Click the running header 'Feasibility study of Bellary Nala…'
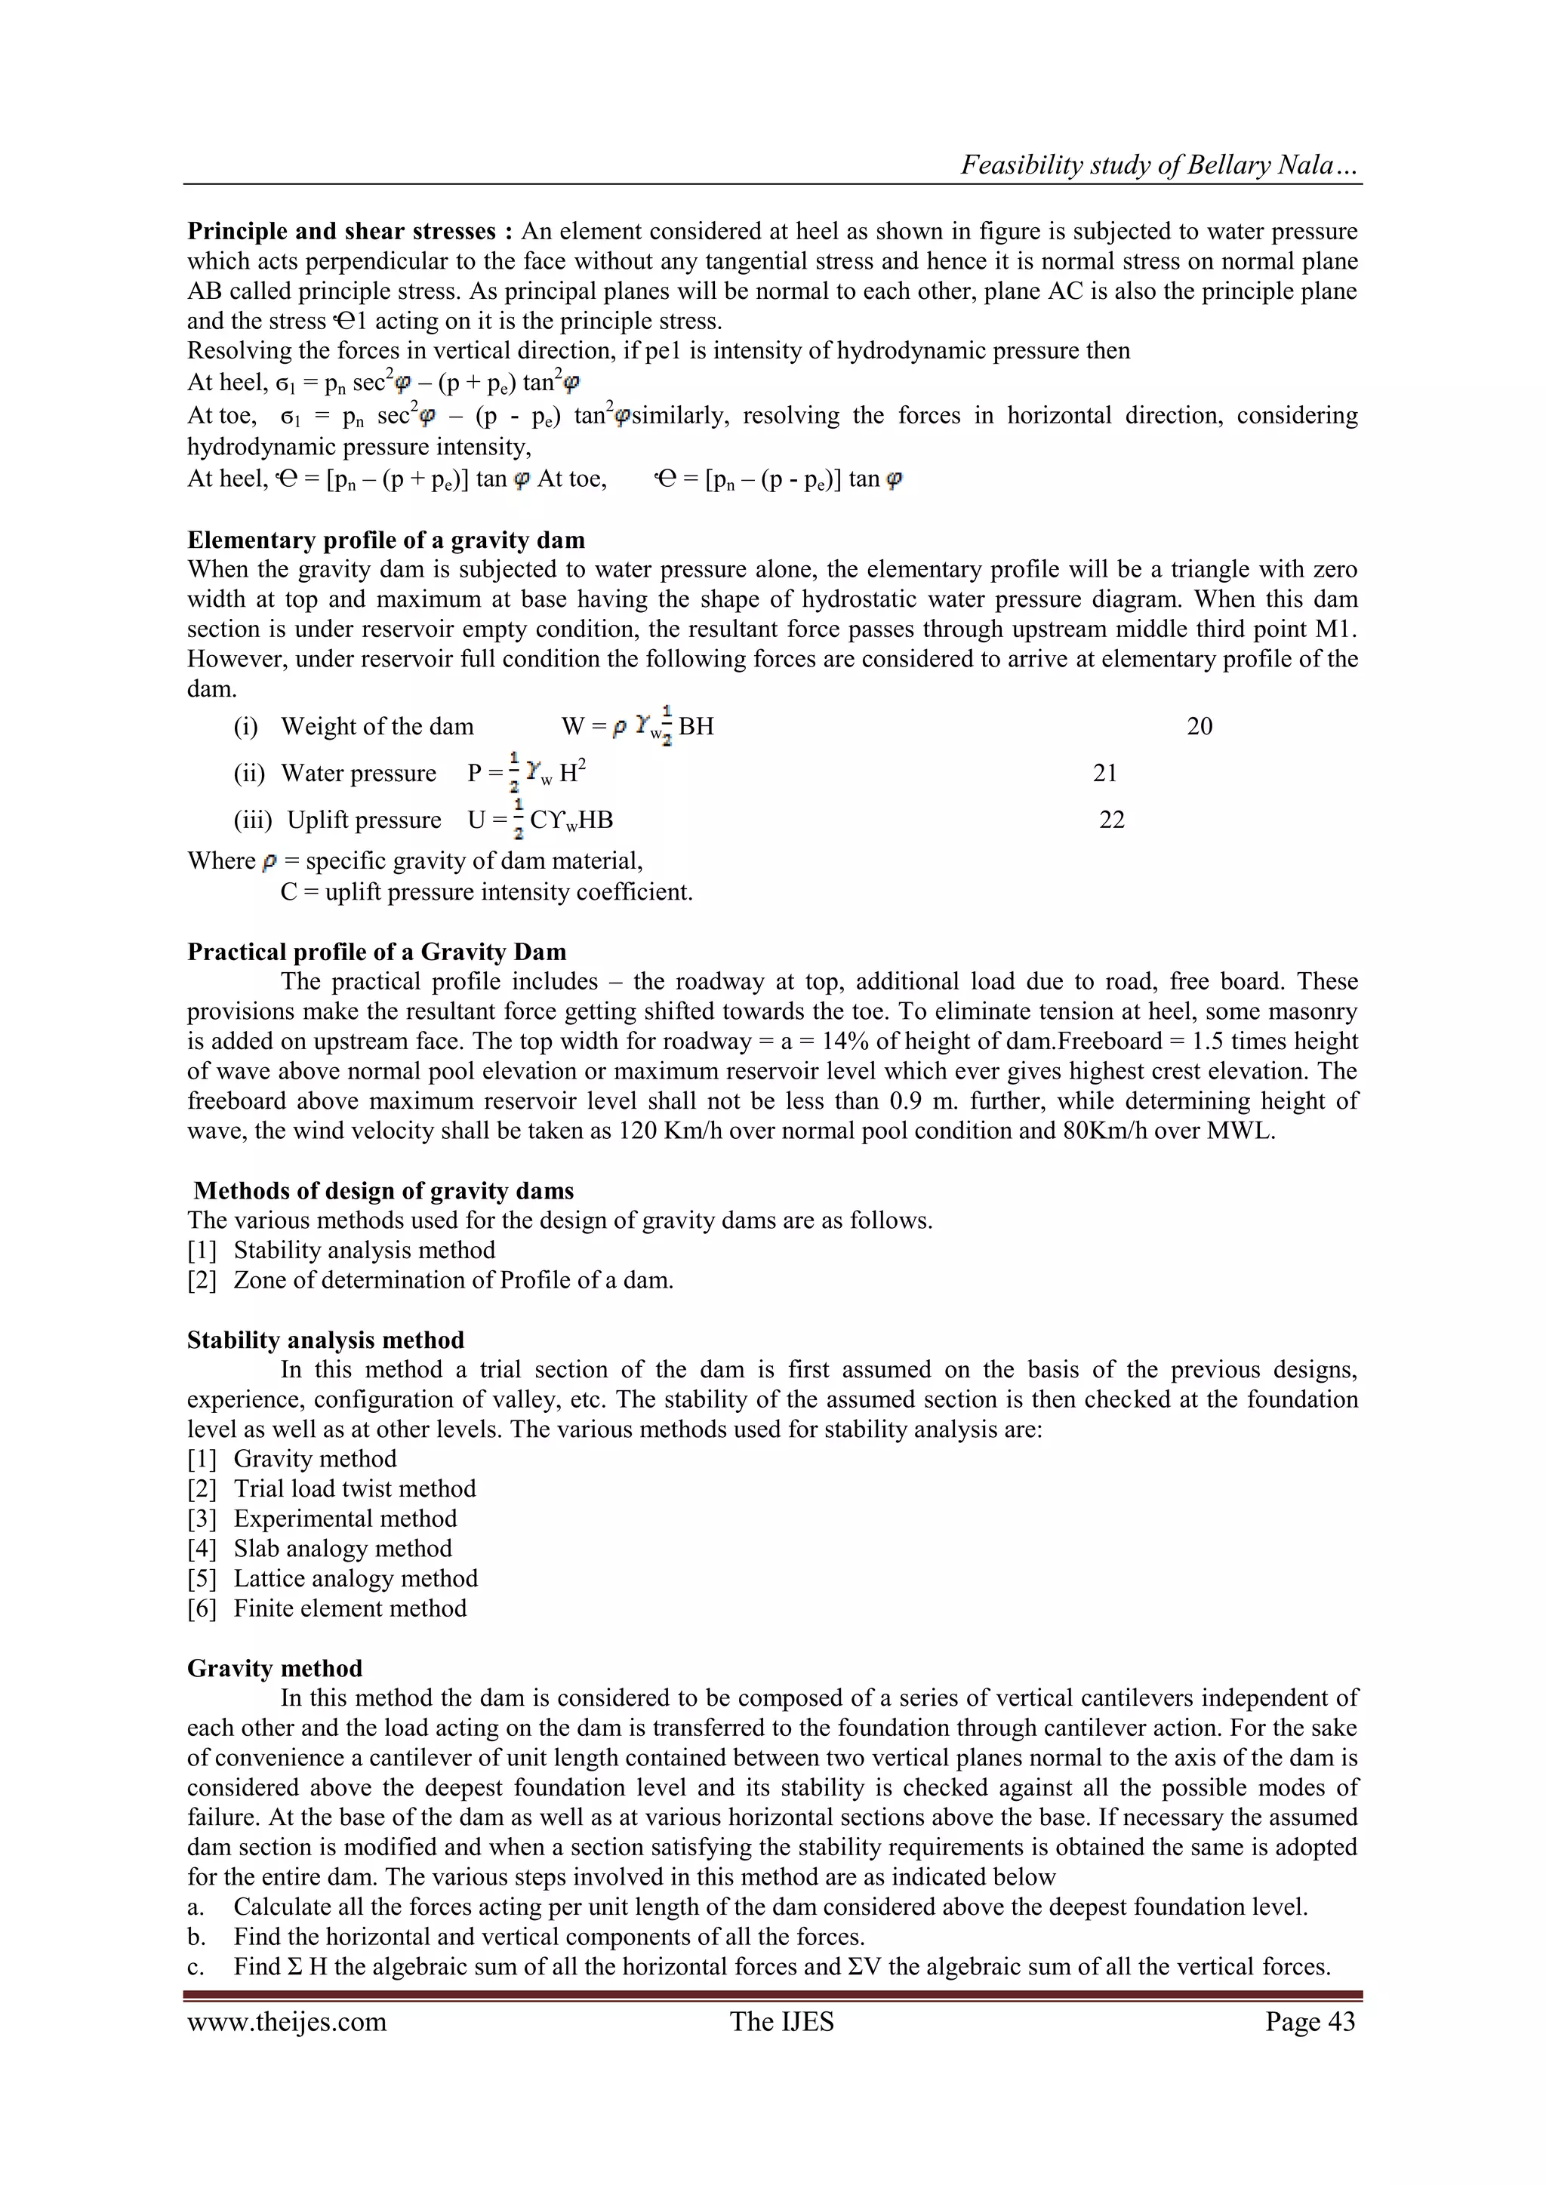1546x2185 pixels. pos(1159,165)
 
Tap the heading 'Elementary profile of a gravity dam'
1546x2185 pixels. pos(386,540)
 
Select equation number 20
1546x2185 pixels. pos(1199,726)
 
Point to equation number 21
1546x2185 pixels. pos(1104,773)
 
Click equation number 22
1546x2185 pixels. pos(1111,820)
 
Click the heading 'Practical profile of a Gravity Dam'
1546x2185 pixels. pos(376,952)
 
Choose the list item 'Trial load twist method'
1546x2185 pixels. pos(354,1488)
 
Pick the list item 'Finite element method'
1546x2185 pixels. pos(350,1608)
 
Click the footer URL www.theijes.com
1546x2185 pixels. pos(287,2021)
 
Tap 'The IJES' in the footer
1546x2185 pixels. pos(781,2021)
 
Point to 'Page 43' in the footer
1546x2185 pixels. pos(1309,2021)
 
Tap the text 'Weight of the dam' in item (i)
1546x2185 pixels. pos(376,726)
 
